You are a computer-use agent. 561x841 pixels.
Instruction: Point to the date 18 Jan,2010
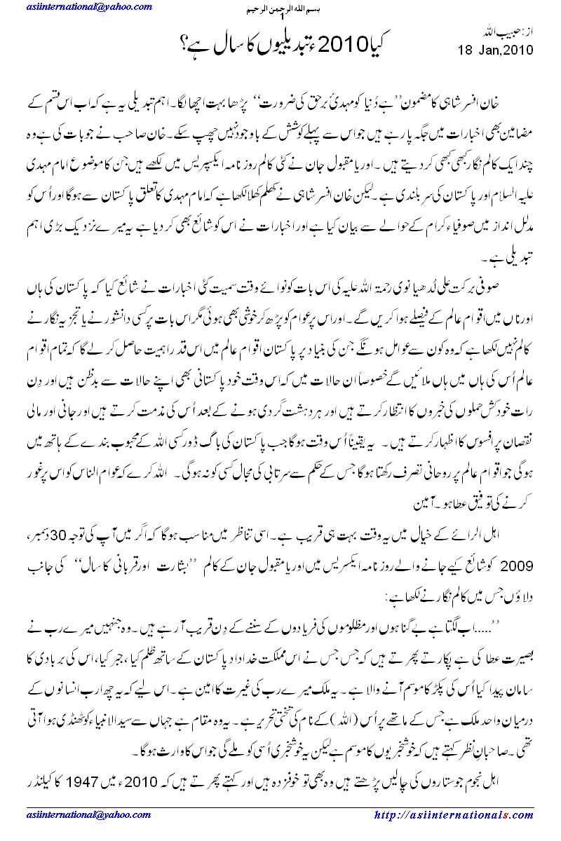496,50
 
